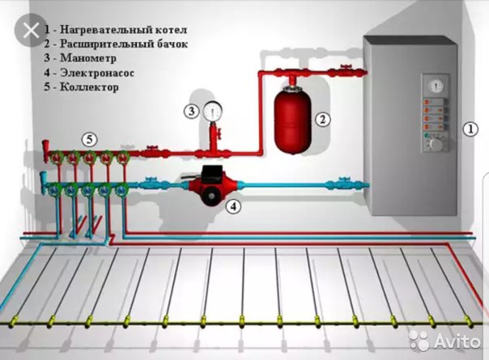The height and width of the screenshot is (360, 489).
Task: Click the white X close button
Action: coord(30,30)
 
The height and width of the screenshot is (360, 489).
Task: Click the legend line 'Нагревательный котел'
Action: coord(116,30)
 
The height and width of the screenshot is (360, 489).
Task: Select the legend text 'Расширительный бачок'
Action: coord(124,44)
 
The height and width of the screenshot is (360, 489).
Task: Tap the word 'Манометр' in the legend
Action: coord(88,58)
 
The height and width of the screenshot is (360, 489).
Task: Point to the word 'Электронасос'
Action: coord(97,73)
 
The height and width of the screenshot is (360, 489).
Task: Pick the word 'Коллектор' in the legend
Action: coord(89,87)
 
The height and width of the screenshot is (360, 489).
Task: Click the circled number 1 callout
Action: coord(470,129)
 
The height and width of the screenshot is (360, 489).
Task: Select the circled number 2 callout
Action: coord(322,119)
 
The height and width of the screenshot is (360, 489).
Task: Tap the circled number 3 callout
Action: coord(191,111)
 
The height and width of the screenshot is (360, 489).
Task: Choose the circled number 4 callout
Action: coord(234,206)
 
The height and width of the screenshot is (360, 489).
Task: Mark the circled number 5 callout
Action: coord(90,140)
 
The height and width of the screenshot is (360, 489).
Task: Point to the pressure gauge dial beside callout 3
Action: coord(213,111)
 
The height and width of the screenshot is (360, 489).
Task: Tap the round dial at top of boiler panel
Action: coord(436,86)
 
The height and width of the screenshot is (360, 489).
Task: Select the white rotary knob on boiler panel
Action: coord(436,143)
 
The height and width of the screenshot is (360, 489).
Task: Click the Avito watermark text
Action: coord(457,341)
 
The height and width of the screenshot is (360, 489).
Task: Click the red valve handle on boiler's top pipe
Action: coord(345,66)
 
